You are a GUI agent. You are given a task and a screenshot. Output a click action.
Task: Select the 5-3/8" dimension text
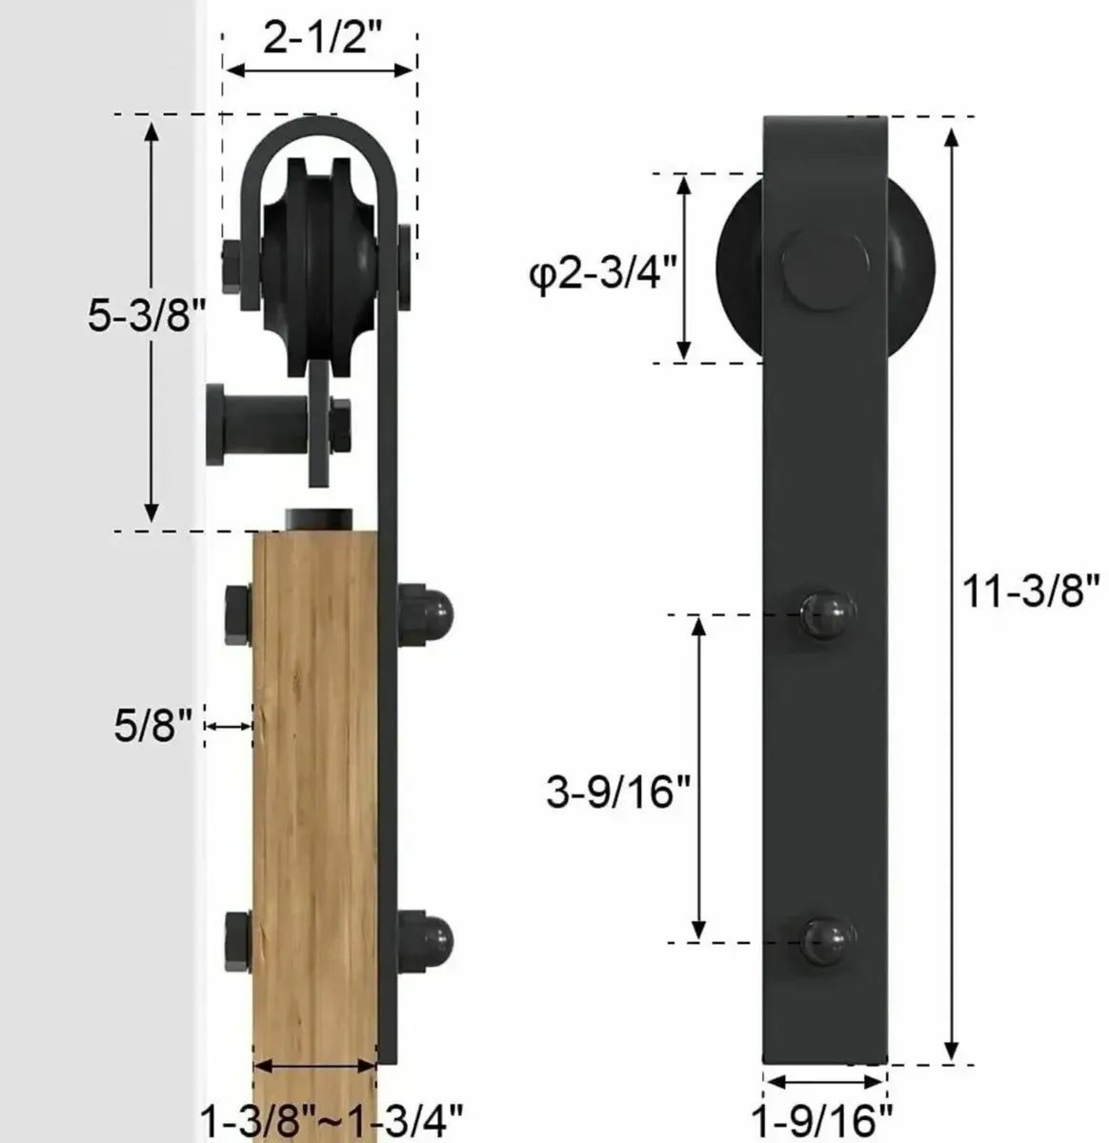(147, 315)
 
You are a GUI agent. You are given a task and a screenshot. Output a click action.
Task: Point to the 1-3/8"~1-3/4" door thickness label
(331, 1115)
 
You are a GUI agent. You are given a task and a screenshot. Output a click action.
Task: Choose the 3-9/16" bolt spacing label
(617, 791)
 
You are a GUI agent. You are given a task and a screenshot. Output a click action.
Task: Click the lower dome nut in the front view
(825, 942)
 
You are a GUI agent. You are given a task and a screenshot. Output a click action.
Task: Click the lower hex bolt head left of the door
(238, 938)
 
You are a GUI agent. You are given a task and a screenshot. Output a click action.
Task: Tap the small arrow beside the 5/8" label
(229, 727)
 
